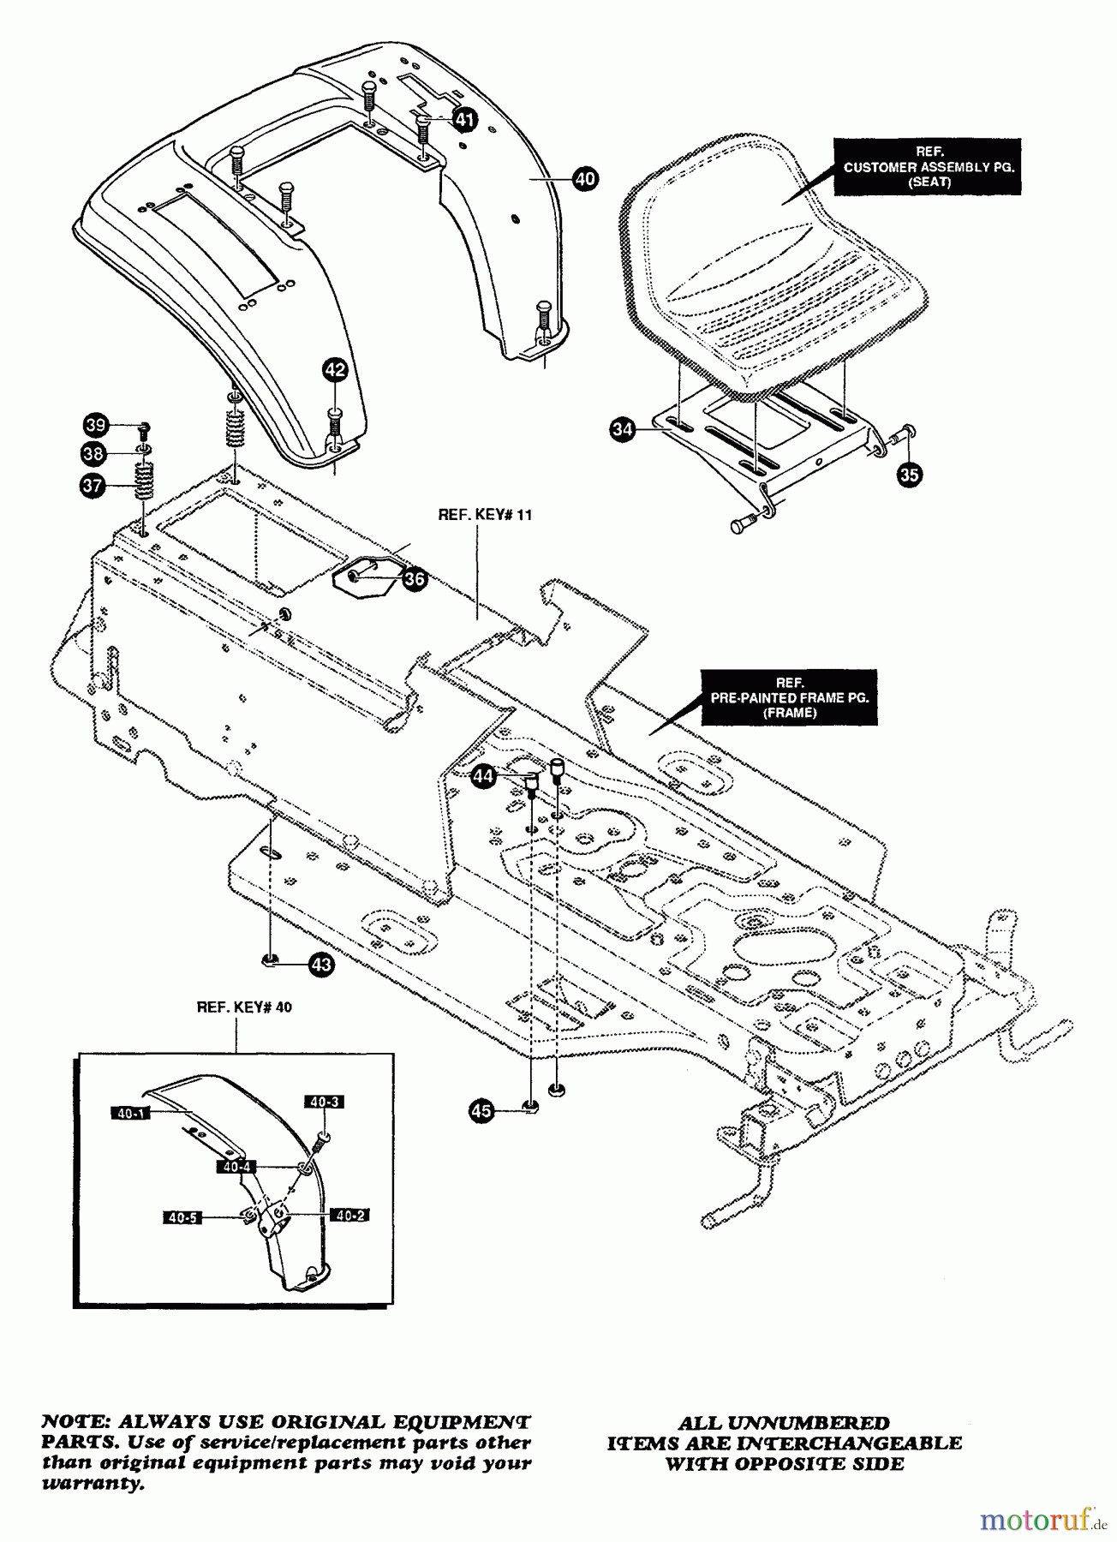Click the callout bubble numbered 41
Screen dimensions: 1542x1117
pyautogui.click(x=463, y=119)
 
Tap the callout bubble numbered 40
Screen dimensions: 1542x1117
pyautogui.click(x=586, y=179)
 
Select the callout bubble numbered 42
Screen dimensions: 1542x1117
pyautogui.click(x=335, y=370)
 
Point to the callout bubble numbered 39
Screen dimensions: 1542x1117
pyautogui.click(x=95, y=425)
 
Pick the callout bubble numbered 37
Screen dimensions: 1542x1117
pyautogui.click(x=92, y=486)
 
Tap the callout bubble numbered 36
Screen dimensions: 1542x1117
pyautogui.click(x=415, y=579)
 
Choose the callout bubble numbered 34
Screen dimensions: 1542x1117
pyautogui.click(x=623, y=430)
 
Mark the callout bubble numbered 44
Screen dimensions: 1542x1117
pyautogui.click(x=484, y=777)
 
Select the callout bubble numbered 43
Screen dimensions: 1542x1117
pyautogui.click(x=321, y=965)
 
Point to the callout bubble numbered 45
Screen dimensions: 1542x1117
pyautogui.click(x=482, y=1111)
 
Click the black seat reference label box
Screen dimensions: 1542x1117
pyautogui.click(x=929, y=167)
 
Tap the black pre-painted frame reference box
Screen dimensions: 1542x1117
pyautogui.click(x=789, y=697)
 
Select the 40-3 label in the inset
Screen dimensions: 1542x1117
pyautogui.click(x=325, y=1103)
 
